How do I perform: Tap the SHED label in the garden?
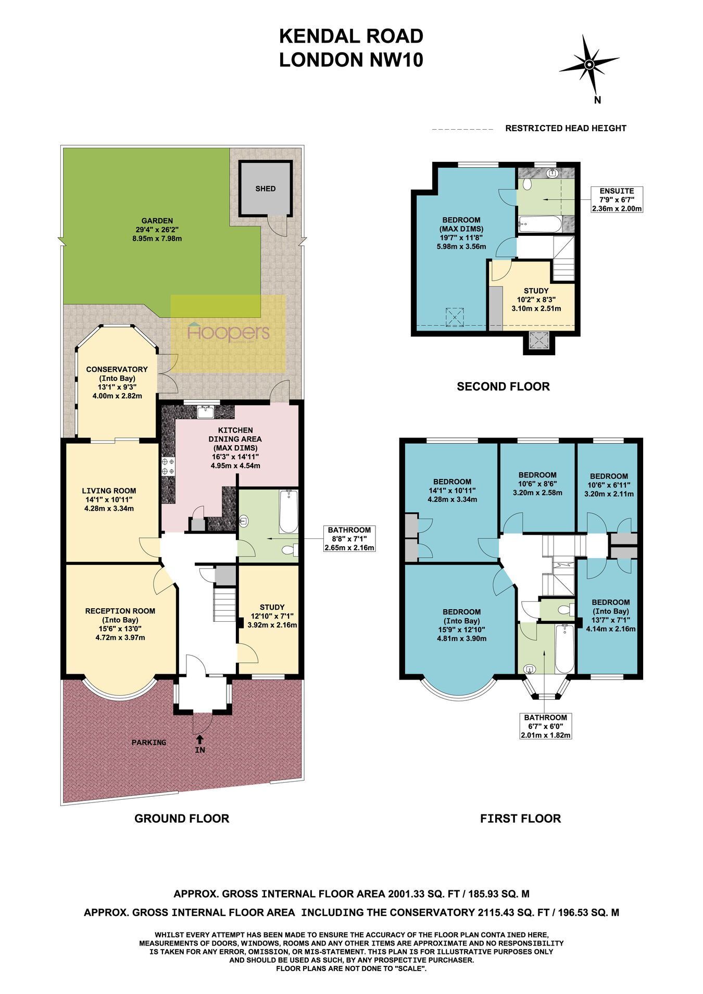(x=265, y=188)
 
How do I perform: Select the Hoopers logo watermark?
(x=229, y=333)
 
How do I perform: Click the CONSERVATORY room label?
(x=117, y=369)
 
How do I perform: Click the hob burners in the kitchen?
(x=168, y=466)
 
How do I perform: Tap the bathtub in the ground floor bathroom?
(x=288, y=511)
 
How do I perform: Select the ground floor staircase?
(x=224, y=603)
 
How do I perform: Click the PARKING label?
(x=149, y=743)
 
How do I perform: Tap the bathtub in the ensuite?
(x=540, y=224)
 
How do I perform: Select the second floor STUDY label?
(x=536, y=291)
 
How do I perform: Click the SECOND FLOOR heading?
(x=503, y=386)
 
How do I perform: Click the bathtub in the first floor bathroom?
(x=563, y=649)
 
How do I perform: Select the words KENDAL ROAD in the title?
(x=351, y=36)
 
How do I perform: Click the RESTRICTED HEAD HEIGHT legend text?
(x=566, y=128)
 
